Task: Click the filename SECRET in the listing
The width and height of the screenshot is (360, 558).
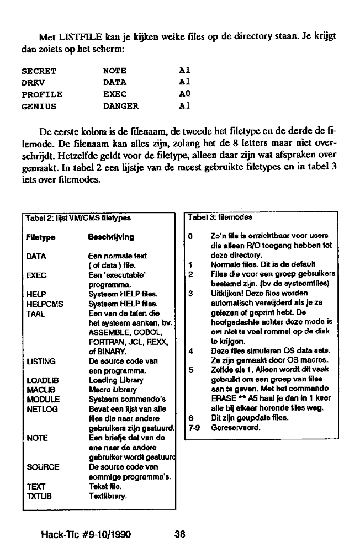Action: [39, 71]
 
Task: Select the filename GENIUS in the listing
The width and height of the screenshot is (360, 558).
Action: [39, 106]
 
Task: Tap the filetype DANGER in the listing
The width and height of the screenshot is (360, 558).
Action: [121, 106]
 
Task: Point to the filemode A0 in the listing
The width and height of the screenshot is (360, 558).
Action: [185, 94]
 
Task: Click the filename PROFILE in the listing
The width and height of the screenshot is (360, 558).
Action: [41, 94]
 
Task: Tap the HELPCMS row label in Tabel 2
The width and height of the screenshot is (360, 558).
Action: [45, 304]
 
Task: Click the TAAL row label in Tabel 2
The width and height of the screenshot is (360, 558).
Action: [36, 312]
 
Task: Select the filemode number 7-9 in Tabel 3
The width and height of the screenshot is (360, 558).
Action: [193, 427]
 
